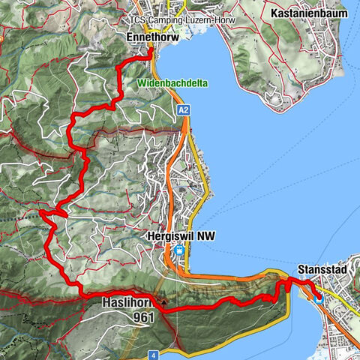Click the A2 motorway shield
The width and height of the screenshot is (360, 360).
[184, 110]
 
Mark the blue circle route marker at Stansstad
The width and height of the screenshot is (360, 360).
[318, 297]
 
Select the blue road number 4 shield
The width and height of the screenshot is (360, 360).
[152, 354]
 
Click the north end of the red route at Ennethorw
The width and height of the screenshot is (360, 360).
[150, 46]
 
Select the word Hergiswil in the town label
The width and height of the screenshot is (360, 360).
[165, 233]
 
